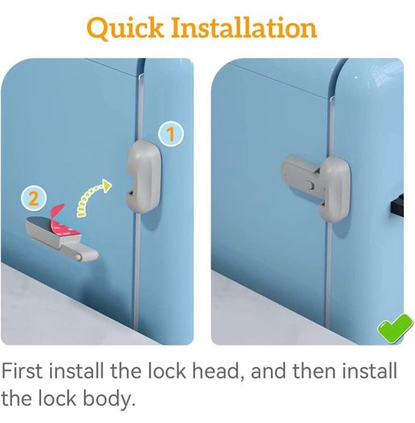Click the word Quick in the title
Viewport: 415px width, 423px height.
(125, 28)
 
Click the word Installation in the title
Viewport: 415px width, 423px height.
(244, 27)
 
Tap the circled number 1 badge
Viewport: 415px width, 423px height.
(171, 134)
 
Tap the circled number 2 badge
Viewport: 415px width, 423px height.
(34, 199)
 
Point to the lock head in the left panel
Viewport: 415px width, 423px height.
(144, 176)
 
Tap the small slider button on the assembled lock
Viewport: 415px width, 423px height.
(309, 185)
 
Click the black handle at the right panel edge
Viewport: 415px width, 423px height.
(397, 205)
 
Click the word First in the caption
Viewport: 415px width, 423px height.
(22, 371)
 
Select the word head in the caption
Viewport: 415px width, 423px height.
(218, 371)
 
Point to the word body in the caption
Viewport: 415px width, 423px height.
(108, 400)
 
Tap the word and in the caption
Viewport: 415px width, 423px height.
(268, 371)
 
